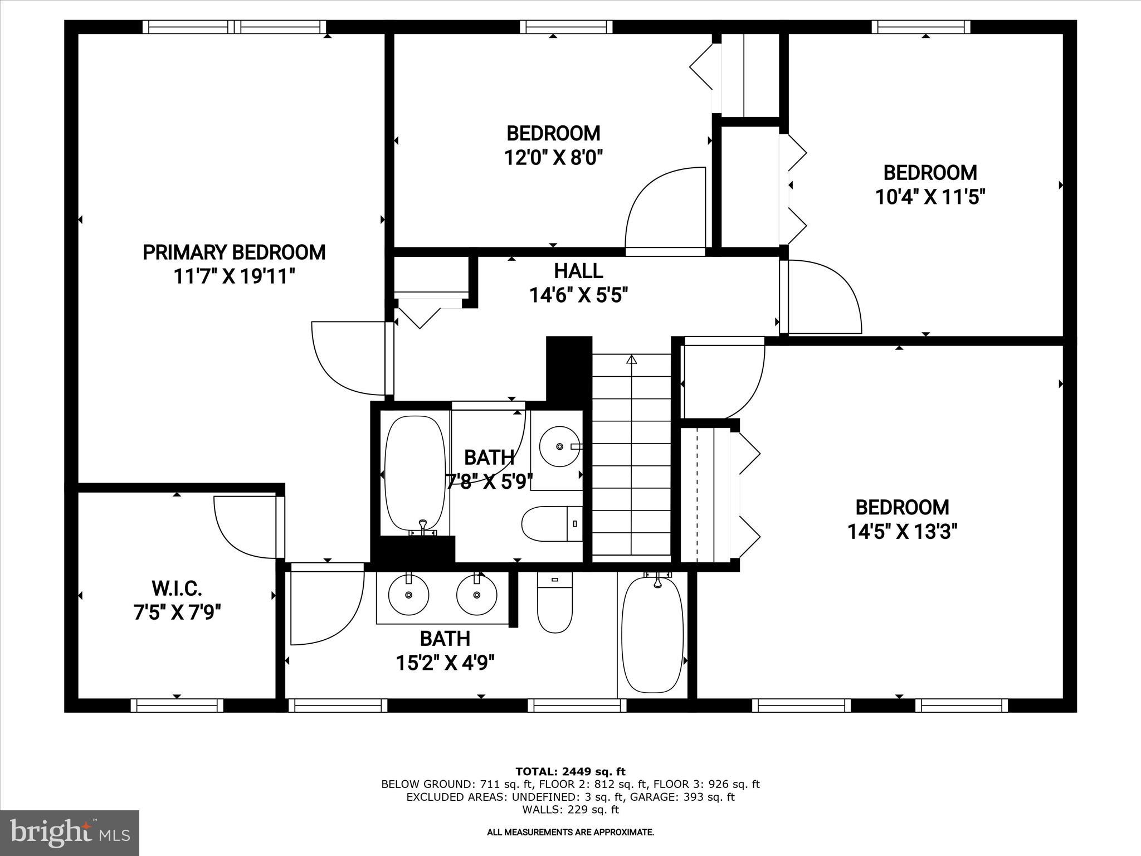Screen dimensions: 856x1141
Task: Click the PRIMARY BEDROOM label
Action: (x=234, y=252)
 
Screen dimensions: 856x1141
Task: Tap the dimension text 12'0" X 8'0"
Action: (x=554, y=158)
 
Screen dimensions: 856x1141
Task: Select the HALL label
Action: (x=578, y=271)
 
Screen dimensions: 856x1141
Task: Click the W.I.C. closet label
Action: (x=177, y=588)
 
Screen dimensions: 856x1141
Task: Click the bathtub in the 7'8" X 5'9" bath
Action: (x=416, y=474)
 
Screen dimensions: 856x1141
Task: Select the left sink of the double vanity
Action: (x=408, y=595)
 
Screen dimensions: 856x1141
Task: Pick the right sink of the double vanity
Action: (x=477, y=595)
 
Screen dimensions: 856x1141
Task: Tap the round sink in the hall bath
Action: (x=560, y=446)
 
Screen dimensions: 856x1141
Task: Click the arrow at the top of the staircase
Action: (x=631, y=360)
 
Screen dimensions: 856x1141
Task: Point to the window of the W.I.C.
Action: (x=177, y=706)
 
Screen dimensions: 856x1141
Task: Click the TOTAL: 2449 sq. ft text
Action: (x=570, y=772)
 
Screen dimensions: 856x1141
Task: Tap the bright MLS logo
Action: (x=70, y=833)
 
